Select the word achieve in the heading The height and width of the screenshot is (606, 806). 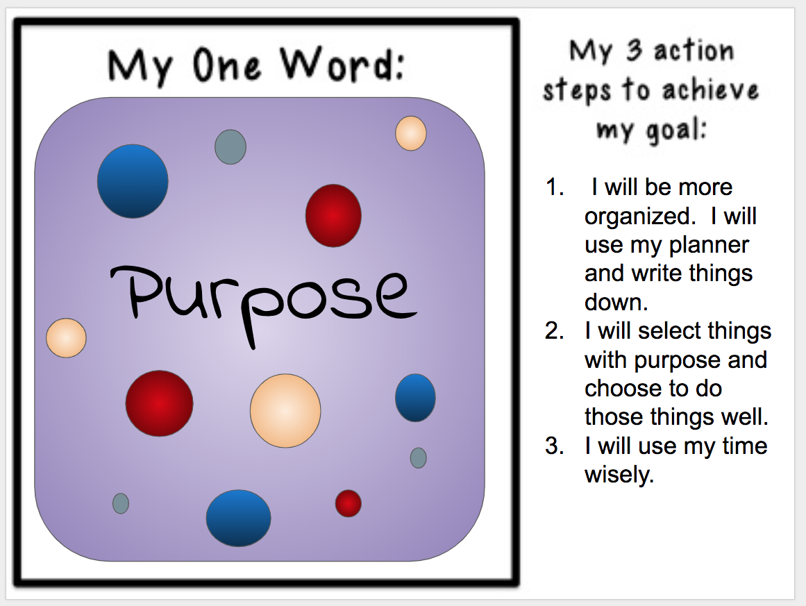(x=709, y=91)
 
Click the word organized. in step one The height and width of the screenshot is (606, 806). (x=639, y=217)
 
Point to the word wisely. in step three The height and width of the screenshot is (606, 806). (x=619, y=475)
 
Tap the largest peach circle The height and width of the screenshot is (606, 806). (x=285, y=410)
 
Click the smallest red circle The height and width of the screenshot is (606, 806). (x=349, y=503)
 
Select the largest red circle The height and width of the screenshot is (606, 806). (x=159, y=403)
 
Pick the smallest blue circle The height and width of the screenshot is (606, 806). (x=415, y=398)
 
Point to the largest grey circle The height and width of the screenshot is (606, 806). (x=230, y=146)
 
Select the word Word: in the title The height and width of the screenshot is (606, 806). (x=343, y=66)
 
